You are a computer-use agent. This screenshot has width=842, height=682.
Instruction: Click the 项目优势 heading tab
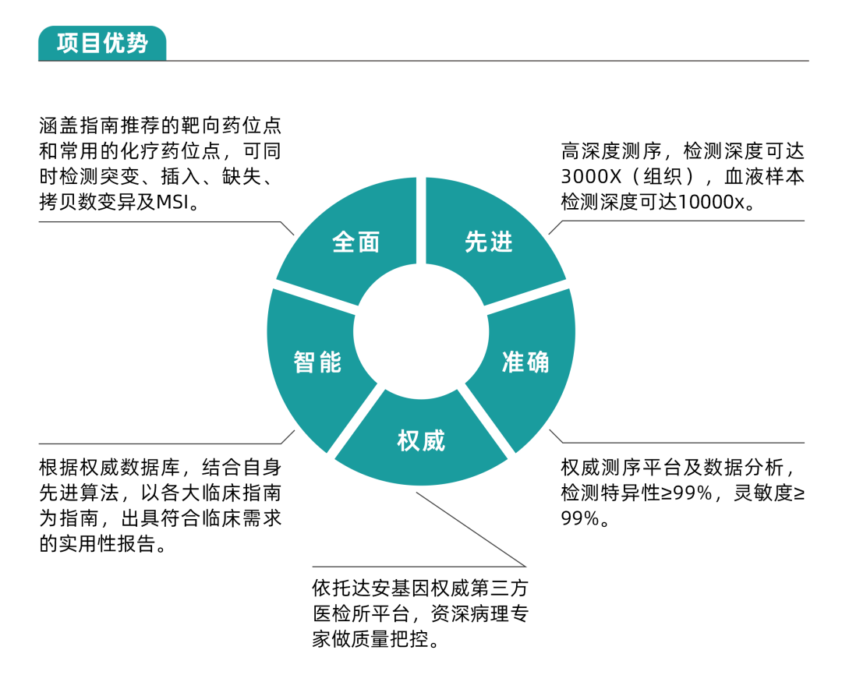click(x=102, y=43)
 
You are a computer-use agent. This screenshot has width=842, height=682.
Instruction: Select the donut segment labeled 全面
click(x=355, y=242)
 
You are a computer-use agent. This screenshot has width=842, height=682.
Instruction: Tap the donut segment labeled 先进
click(x=489, y=242)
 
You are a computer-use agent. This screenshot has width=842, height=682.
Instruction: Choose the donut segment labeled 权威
click(x=421, y=441)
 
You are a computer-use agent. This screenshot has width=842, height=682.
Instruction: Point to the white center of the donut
click(x=421, y=331)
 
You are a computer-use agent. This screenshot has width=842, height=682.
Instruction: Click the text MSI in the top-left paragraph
click(x=172, y=202)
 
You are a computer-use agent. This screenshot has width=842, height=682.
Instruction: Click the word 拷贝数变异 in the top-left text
click(x=89, y=202)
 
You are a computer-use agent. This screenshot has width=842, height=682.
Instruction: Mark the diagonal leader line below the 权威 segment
click(x=472, y=529)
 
